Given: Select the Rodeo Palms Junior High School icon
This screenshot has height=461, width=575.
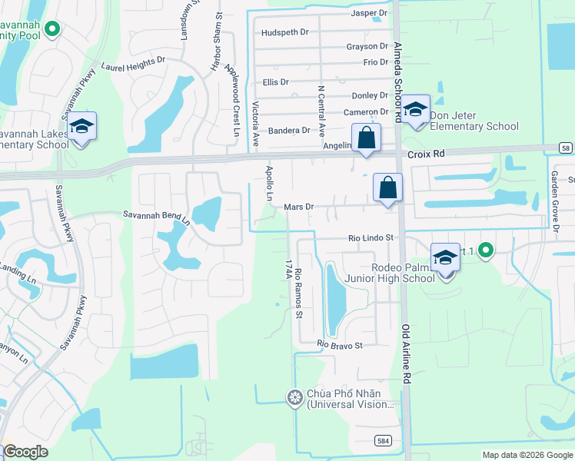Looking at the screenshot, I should pyautogui.click(x=445, y=257).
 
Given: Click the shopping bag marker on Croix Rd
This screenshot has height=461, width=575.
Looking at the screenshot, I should pyautogui.click(x=367, y=138).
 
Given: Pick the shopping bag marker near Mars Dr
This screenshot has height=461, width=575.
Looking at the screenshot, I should pyautogui.click(x=388, y=187).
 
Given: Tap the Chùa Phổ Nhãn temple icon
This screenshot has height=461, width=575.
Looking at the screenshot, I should pyautogui.click(x=294, y=397).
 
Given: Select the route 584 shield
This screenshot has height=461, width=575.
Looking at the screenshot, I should pyautogui.click(x=383, y=440).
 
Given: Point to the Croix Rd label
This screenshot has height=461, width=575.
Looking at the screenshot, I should pyautogui.click(x=426, y=154).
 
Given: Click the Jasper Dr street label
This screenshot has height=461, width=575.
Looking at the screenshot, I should pyautogui.click(x=369, y=13).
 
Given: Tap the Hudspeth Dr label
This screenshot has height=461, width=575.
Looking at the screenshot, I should pyautogui.click(x=284, y=32).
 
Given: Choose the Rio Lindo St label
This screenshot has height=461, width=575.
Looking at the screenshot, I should pyautogui.click(x=371, y=239).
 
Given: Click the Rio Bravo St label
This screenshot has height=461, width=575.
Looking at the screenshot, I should pyautogui.click(x=340, y=346).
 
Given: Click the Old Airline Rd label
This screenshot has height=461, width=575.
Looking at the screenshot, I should pyautogui.click(x=405, y=353).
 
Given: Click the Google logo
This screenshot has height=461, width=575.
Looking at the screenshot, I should pyautogui.click(x=25, y=452).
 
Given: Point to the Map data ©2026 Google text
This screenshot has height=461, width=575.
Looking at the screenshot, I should pyautogui.click(x=527, y=455).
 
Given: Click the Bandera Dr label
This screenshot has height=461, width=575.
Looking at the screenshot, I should pyautogui.click(x=288, y=131).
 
